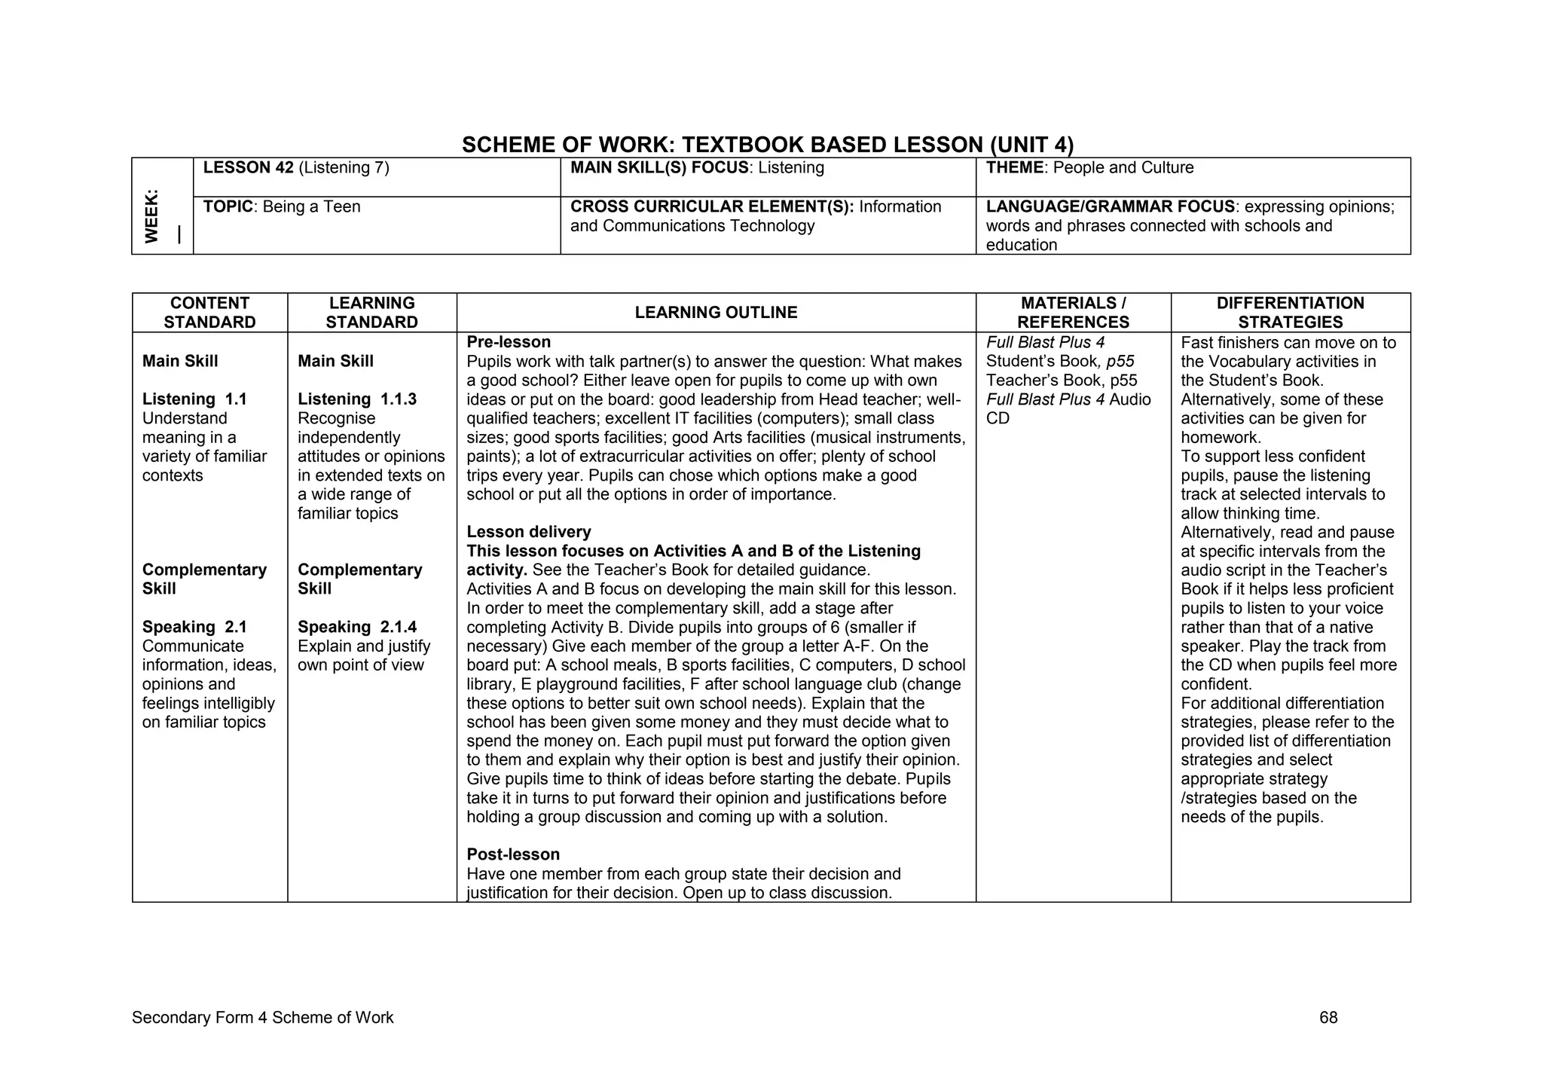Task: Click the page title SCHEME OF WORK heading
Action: pos(767,145)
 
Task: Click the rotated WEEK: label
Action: pos(152,216)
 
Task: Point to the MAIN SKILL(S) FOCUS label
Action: pos(659,168)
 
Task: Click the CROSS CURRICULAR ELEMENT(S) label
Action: pos(711,207)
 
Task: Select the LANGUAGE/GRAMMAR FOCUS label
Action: pos(1110,207)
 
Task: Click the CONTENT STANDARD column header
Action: pos(209,313)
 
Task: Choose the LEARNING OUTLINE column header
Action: pos(716,313)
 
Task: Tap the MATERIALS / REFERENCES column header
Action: pos(1073,313)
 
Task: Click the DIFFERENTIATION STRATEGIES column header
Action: pos(1290,313)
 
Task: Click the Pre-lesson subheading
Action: pos(509,343)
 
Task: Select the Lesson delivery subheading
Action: pos(528,533)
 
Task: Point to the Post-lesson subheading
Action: pos(513,854)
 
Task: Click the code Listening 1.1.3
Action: pos(356,400)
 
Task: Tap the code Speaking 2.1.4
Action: pos(356,628)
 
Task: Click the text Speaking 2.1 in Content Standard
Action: pos(194,628)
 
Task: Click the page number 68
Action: pos(1328,1018)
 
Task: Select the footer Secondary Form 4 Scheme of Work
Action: pos(262,1018)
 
